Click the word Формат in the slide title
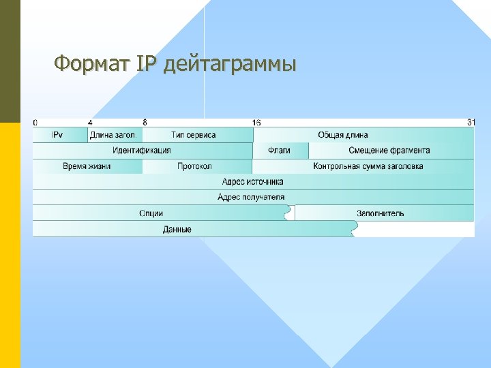pos(91,65)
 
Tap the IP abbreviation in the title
pos(147,65)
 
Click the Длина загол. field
pos(114,135)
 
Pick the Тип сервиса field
pos(194,135)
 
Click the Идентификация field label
pos(142,151)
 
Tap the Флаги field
pos(279,151)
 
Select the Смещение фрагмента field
pos(389,151)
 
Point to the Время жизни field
pos(87,166)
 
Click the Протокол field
pos(194,166)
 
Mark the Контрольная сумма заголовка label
pos(368,166)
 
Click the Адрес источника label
pos(253,182)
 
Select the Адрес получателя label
pos(251,198)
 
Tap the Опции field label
pos(151,213)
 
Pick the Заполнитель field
pos(381,213)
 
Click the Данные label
pos(177,230)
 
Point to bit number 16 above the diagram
pos(256,123)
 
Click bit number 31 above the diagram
pos(471,123)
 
